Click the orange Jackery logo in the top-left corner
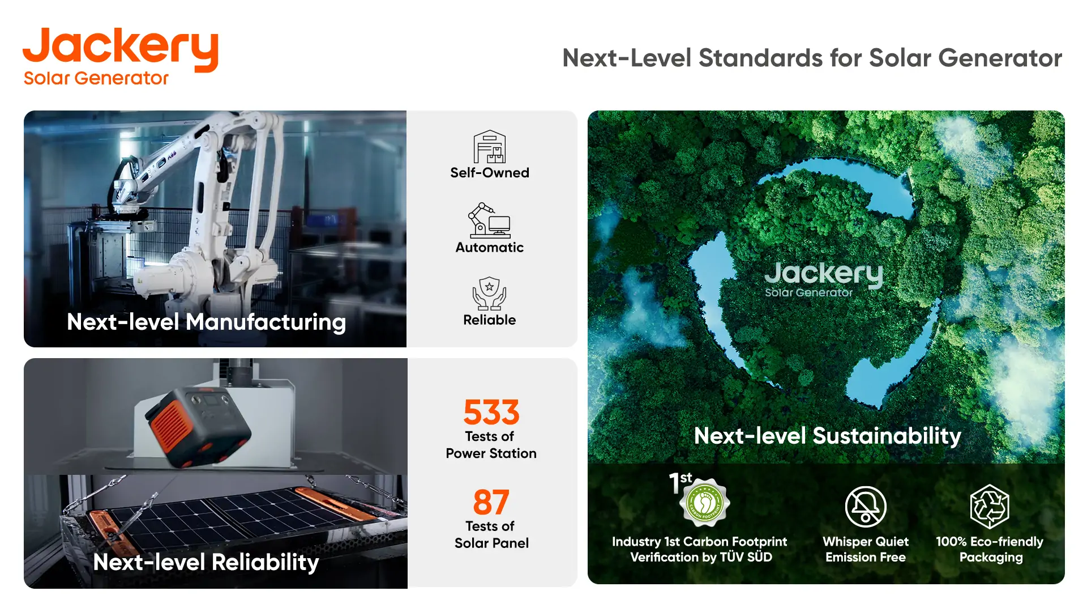[x=120, y=56]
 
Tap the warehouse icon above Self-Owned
[x=490, y=147]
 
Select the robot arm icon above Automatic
[x=489, y=220]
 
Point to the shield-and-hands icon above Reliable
[x=490, y=294]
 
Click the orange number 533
[x=491, y=412]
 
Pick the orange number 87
[x=491, y=502]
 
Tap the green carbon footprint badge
[x=705, y=502]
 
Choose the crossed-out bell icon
[x=866, y=507]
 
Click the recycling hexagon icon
[x=990, y=507]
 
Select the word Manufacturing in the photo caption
[x=266, y=322]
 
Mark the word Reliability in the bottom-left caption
[x=266, y=562]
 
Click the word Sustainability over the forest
[x=887, y=436]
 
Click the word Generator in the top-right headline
[x=1000, y=58]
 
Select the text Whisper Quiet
[x=866, y=542]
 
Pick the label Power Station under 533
[x=491, y=453]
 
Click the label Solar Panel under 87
[x=491, y=543]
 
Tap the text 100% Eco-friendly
[x=990, y=542]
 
